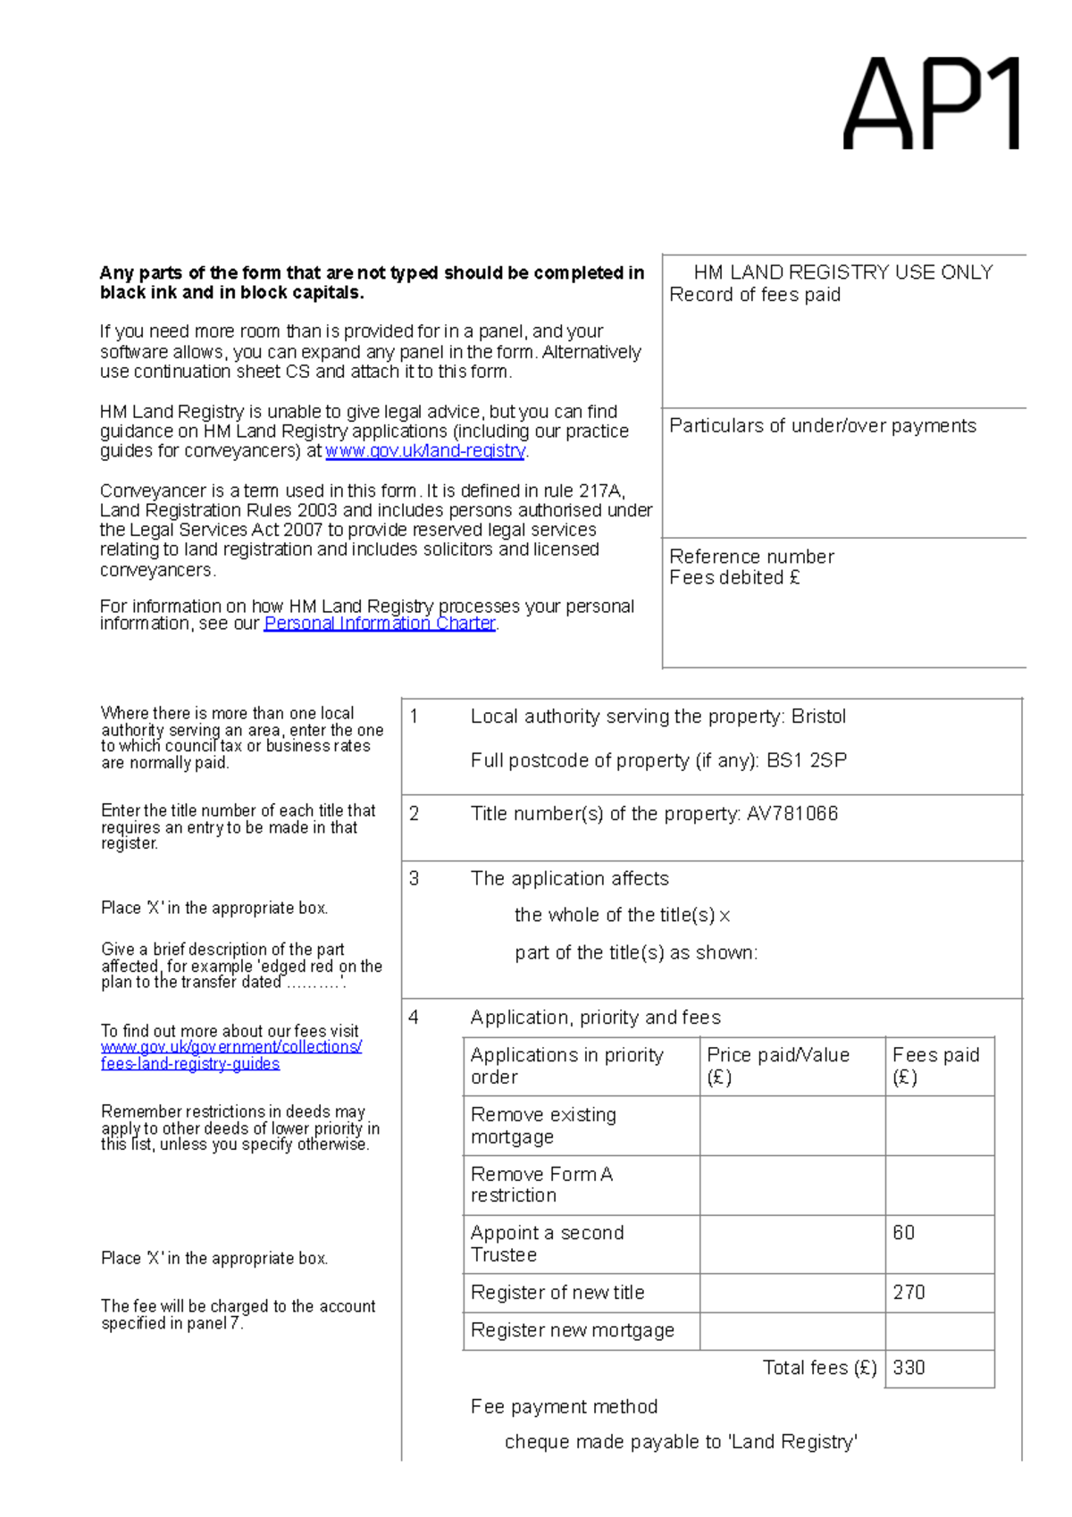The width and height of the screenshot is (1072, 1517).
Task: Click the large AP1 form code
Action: pos(932,104)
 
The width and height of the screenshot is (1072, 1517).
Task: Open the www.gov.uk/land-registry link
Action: pos(425,451)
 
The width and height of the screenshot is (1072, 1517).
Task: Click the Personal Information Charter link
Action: pos(380,624)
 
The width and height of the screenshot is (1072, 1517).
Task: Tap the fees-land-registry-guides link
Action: pos(190,1064)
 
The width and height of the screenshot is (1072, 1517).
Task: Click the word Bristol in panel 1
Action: pos(818,717)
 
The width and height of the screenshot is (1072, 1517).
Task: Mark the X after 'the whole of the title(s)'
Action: pos(724,916)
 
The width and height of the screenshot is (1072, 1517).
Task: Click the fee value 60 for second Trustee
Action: pos(903,1233)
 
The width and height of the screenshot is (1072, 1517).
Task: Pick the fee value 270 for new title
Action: pos(909,1293)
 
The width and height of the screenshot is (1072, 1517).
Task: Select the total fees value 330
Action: pos(909,1368)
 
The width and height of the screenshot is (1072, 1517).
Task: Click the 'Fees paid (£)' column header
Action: pos(935,1065)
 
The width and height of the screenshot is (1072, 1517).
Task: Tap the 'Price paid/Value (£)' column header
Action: pos(777,1065)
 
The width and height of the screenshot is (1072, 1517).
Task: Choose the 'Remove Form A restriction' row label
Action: pos(541,1185)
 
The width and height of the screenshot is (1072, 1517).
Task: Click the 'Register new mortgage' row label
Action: pos(572,1330)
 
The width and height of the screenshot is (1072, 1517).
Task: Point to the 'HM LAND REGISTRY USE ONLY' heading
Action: pos(843,272)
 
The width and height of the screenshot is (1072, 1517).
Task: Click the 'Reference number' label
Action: pos(751,557)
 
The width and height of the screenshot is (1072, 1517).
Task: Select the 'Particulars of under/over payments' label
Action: pos(822,426)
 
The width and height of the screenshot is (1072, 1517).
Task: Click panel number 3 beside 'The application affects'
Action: pos(414,879)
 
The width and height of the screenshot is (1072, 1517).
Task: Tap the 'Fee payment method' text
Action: pos(564,1407)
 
